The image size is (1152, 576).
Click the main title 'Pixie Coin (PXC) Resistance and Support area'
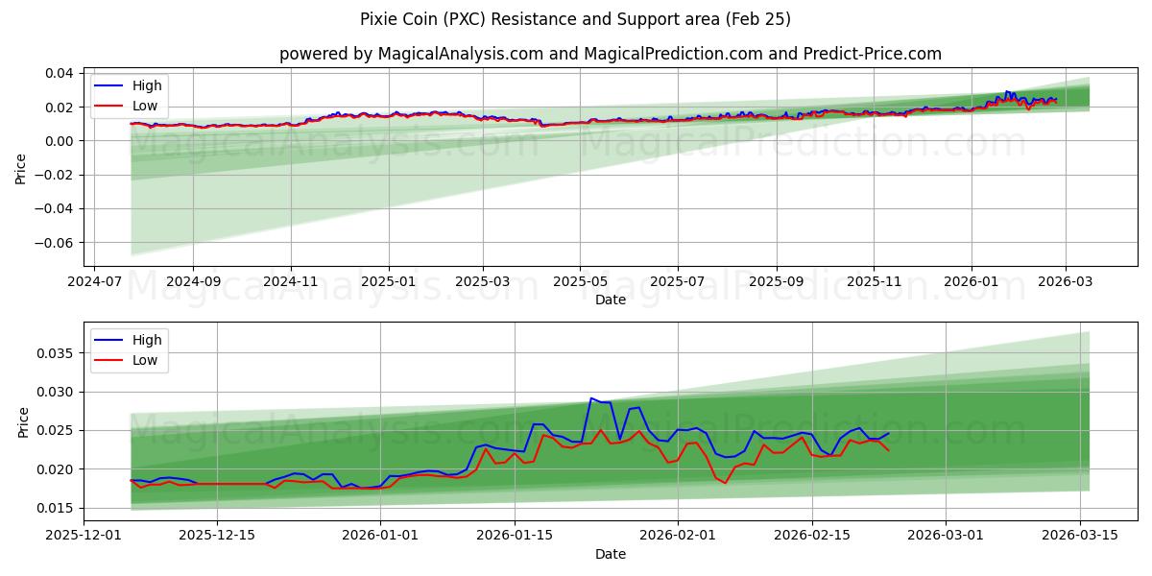pyautogui.click(x=576, y=19)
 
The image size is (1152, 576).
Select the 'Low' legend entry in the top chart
pyautogui.click(x=145, y=107)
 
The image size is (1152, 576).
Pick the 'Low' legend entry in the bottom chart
pyautogui.click(x=145, y=360)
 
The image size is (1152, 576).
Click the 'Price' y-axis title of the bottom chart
pyautogui.click(x=23, y=422)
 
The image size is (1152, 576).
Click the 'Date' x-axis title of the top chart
pyautogui.click(x=610, y=300)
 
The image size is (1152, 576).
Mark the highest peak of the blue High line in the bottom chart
pyautogui.click(x=591, y=398)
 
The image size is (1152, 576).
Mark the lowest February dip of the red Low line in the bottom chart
pyautogui.click(x=726, y=483)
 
